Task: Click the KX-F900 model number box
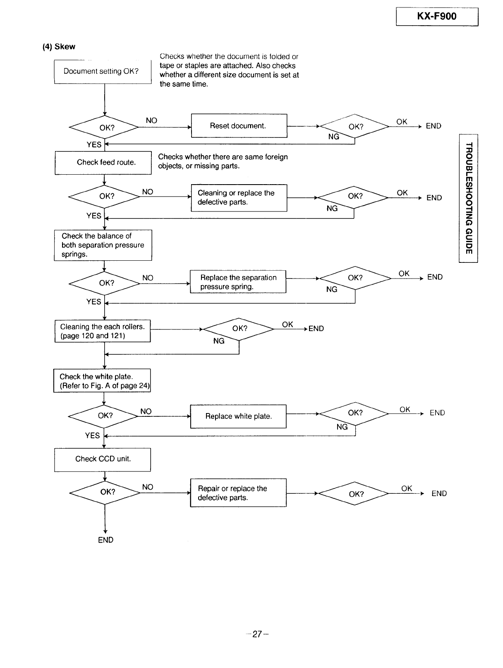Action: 437,17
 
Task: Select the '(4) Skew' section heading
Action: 59,47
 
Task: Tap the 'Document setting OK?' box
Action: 103,72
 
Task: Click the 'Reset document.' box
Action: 239,126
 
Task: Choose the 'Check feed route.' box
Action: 103,163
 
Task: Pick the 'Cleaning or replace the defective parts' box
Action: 239,198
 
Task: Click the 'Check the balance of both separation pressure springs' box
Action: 103,245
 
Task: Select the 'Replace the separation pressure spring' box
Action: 238,281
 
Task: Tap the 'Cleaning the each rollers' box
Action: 103,331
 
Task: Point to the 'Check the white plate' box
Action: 102,380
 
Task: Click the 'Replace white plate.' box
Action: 238,416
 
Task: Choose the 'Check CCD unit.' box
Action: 103,459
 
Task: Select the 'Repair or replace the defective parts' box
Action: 238,493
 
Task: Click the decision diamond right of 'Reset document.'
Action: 354,126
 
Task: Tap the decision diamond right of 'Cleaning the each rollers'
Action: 239,329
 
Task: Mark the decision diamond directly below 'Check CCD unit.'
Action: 105,493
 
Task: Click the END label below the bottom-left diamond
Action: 105,540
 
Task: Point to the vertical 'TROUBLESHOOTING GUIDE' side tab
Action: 468,198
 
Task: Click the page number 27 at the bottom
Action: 257,634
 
